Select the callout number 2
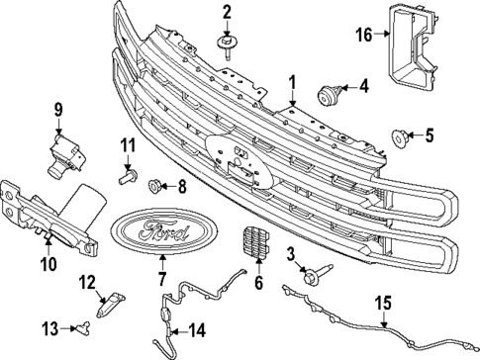coord(227,12)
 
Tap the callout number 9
coord(57,108)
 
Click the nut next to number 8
coord(154,184)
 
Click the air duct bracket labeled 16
coord(414,49)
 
